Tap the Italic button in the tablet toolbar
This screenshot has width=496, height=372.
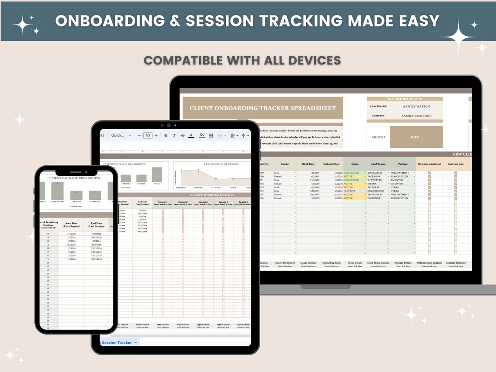coord(174,136)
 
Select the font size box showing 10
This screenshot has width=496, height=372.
coord(148,136)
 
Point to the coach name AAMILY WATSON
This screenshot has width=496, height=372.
coord(417,106)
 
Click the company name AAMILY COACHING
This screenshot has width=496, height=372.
coord(417,116)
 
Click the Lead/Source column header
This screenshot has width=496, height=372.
coord(378,164)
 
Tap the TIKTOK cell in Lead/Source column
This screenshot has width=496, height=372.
coord(374,184)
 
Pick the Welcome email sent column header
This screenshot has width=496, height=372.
coord(429,164)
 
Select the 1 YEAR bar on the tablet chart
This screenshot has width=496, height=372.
coord(157,174)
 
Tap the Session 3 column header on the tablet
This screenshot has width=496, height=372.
coord(203,202)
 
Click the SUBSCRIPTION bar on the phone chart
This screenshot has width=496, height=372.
coord(57,190)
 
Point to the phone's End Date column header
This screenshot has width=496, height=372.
coord(96,224)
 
